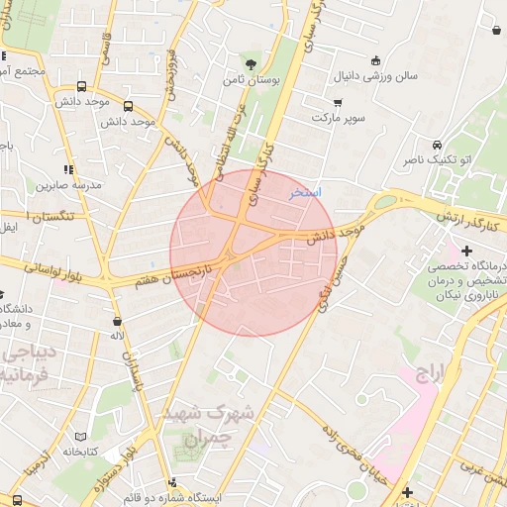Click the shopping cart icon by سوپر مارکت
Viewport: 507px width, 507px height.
coord(338,102)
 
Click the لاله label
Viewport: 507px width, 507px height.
coord(117,336)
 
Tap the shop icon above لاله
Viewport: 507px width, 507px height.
coord(118,321)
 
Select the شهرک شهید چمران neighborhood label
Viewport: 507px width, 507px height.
coord(208,423)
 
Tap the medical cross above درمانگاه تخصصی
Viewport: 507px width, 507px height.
coord(465,251)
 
